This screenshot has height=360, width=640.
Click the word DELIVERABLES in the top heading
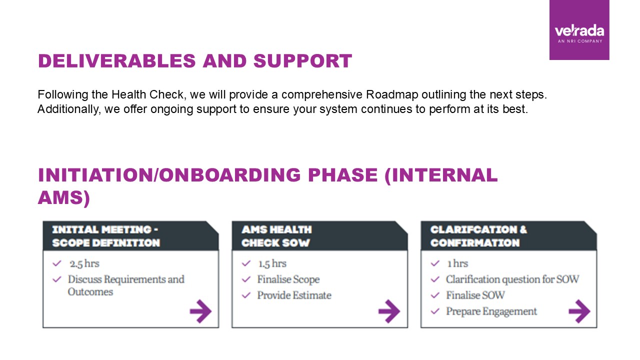tap(117, 61)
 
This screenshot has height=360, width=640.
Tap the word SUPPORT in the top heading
tap(302, 61)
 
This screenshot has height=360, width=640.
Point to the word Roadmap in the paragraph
tap(392, 94)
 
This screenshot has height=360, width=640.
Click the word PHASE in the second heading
tap(343, 175)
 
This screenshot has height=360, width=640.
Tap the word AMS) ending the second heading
tap(64, 197)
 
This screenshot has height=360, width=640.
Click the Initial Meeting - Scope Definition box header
tap(131, 235)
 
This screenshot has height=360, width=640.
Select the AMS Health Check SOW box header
tap(319, 235)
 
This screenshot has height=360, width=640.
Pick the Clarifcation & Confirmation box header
tap(508, 235)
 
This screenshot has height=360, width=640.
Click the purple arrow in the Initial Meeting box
tap(200, 311)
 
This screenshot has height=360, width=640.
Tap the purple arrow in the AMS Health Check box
tap(389, 311)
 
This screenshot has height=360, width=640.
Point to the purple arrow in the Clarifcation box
tap(579, 311)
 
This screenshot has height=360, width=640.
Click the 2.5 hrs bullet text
tap(84, 263)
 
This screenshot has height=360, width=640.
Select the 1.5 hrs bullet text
tap(272, 263)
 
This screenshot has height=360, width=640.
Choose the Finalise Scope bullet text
tap(288, 279)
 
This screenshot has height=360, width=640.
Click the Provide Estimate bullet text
tap(294, 295)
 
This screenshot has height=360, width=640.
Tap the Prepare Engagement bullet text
tap(491, 311)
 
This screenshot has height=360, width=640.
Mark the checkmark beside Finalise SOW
tap(435, 295)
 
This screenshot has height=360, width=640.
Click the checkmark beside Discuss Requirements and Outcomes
tap(57, 279)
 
